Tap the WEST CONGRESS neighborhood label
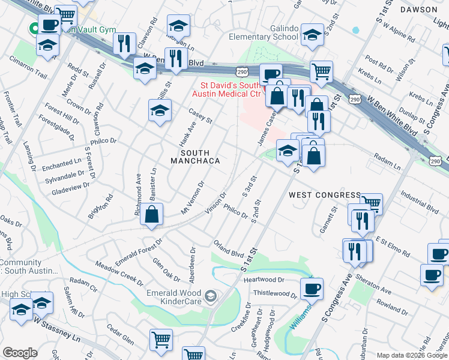pyautogui.click(x=324, y=195)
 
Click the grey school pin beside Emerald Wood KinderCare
pyautogui.click(x=210, y=295)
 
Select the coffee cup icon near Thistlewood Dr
pyautogui.click(x=312, y=289)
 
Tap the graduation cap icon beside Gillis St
pyautogui.click(x=159, y=111)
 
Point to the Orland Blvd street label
pyautogui.click(x=229, y=249)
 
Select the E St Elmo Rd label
pyautogui.click(x=393, y=244)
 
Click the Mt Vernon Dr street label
pyautogui.click(x=193, y=199)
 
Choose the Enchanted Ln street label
pyautogui.click(x=62, y=163)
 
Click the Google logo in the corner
pyautogui.click(x=20, y=353)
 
